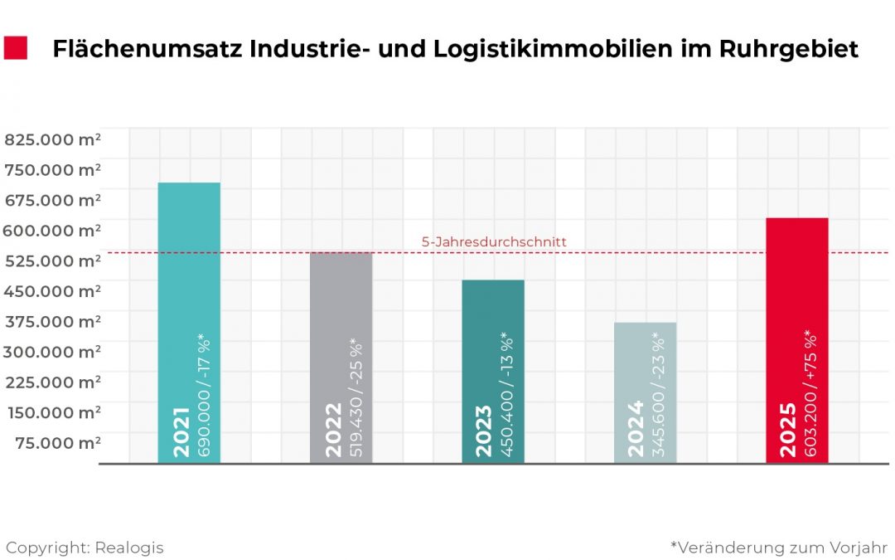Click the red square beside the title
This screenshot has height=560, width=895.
coord(16,48)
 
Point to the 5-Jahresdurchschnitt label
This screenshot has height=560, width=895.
coord(494,242)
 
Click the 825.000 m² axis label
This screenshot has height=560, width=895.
coord(53,139)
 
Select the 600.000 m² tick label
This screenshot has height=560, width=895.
coord(53,230)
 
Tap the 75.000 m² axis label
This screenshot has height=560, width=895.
coord(58,442)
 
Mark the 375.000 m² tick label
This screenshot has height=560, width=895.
coord(53,321)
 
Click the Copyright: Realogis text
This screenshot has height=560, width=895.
coord(85,548)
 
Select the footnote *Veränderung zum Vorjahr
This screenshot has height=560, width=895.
coord(779,548)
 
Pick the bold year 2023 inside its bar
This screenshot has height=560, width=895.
coord(483,430)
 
